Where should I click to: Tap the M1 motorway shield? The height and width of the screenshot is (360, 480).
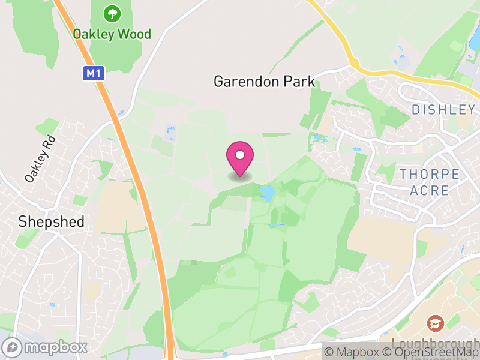[x=92, y=73]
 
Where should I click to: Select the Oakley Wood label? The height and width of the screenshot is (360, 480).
[x=112, y=34]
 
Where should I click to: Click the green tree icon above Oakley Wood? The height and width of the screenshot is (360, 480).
[x=111, y=13]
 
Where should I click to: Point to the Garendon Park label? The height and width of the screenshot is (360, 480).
[x=264, y=82]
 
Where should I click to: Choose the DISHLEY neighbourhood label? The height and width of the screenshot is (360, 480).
[x=443, y=109]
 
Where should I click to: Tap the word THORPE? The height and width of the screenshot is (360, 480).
[x=430, y=175]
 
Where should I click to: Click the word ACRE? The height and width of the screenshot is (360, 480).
[x=430, y=191]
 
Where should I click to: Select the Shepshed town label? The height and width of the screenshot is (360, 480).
[x=51, y=221]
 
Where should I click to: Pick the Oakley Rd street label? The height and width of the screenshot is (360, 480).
[x=40, y=158]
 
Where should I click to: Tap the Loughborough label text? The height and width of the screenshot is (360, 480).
[x=435, y=343]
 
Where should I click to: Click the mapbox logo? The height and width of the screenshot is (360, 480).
[x=45, y=347]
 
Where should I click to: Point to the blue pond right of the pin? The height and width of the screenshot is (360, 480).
[x=266, y=191]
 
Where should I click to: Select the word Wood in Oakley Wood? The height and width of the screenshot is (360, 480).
[x=134, y=34]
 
